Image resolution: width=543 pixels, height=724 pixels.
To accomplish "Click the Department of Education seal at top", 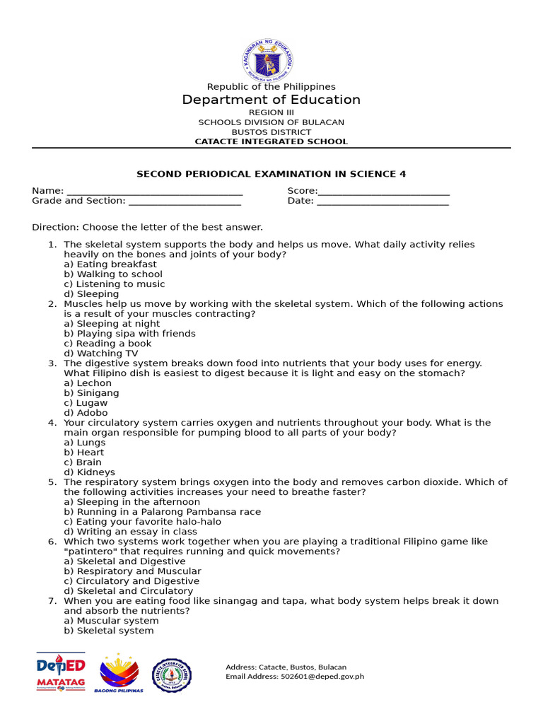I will point(267,59).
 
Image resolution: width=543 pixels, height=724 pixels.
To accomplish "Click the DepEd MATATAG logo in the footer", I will point(61,672).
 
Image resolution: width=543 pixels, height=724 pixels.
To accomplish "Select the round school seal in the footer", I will point(172,675).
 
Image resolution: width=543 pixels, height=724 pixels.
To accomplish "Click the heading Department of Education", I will point(271,100).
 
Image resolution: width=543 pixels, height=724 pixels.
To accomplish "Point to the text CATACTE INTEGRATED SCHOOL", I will point(271,141).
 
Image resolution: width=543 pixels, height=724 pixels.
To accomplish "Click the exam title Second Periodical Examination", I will point(271,174).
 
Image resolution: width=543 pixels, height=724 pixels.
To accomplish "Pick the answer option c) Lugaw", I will point(86,403).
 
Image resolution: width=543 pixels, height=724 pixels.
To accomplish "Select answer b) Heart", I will point(84,452).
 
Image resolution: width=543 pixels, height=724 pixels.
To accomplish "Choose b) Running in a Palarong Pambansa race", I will point(162,512).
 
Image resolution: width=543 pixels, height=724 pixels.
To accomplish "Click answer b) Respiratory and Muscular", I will point(132,571).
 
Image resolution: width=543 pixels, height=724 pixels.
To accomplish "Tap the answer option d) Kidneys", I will point(89,472).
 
